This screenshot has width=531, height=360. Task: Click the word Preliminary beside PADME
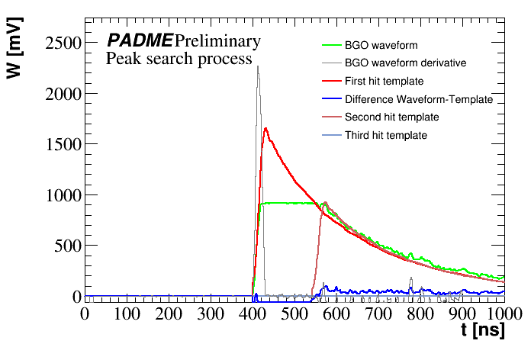[217, 40]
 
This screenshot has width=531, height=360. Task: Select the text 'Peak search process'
[179, 59]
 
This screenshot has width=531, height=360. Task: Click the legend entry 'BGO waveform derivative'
[405, 63]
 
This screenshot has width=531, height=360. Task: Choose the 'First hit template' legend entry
[384, 81]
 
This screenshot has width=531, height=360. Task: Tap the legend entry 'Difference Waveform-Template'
[419, 99]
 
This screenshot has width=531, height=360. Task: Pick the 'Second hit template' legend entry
[391, 117]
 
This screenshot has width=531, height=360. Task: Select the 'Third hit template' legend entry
[385, 135]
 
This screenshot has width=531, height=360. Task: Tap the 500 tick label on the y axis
[65, 246]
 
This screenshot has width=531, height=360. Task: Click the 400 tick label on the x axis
[252, 313]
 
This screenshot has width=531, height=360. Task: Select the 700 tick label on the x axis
[378, 313]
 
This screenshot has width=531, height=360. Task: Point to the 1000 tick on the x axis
[503, 313]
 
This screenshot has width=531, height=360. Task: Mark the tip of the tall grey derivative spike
[258, 66]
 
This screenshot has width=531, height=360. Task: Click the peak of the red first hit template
[265, 128]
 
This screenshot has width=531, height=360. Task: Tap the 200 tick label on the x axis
[168, 313]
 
